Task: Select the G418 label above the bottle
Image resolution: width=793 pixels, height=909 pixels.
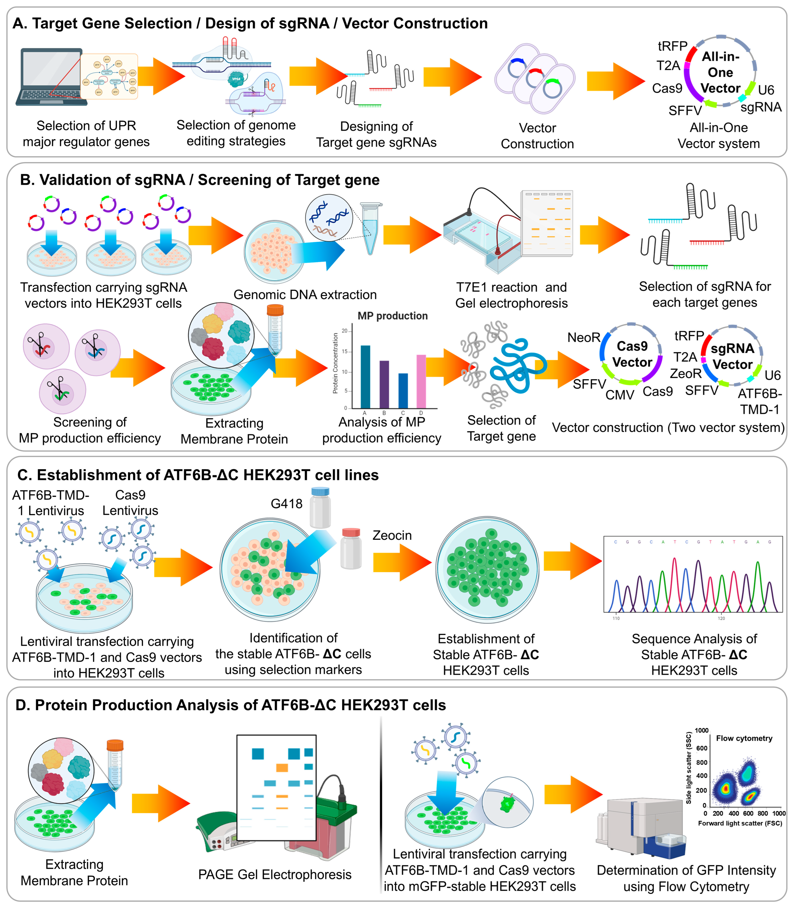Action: click(286, 504)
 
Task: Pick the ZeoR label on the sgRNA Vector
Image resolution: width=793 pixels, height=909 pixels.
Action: click(686, 374)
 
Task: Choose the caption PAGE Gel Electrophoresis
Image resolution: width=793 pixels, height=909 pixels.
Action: click(274, 874)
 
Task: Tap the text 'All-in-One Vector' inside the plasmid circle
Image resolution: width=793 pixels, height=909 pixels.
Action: click(720, 72)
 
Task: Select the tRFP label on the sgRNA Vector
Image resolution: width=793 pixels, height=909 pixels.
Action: click(689, 336)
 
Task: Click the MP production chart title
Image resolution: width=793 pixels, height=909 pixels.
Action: click(392, 316)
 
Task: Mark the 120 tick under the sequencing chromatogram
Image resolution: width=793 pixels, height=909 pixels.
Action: click(721, 618)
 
